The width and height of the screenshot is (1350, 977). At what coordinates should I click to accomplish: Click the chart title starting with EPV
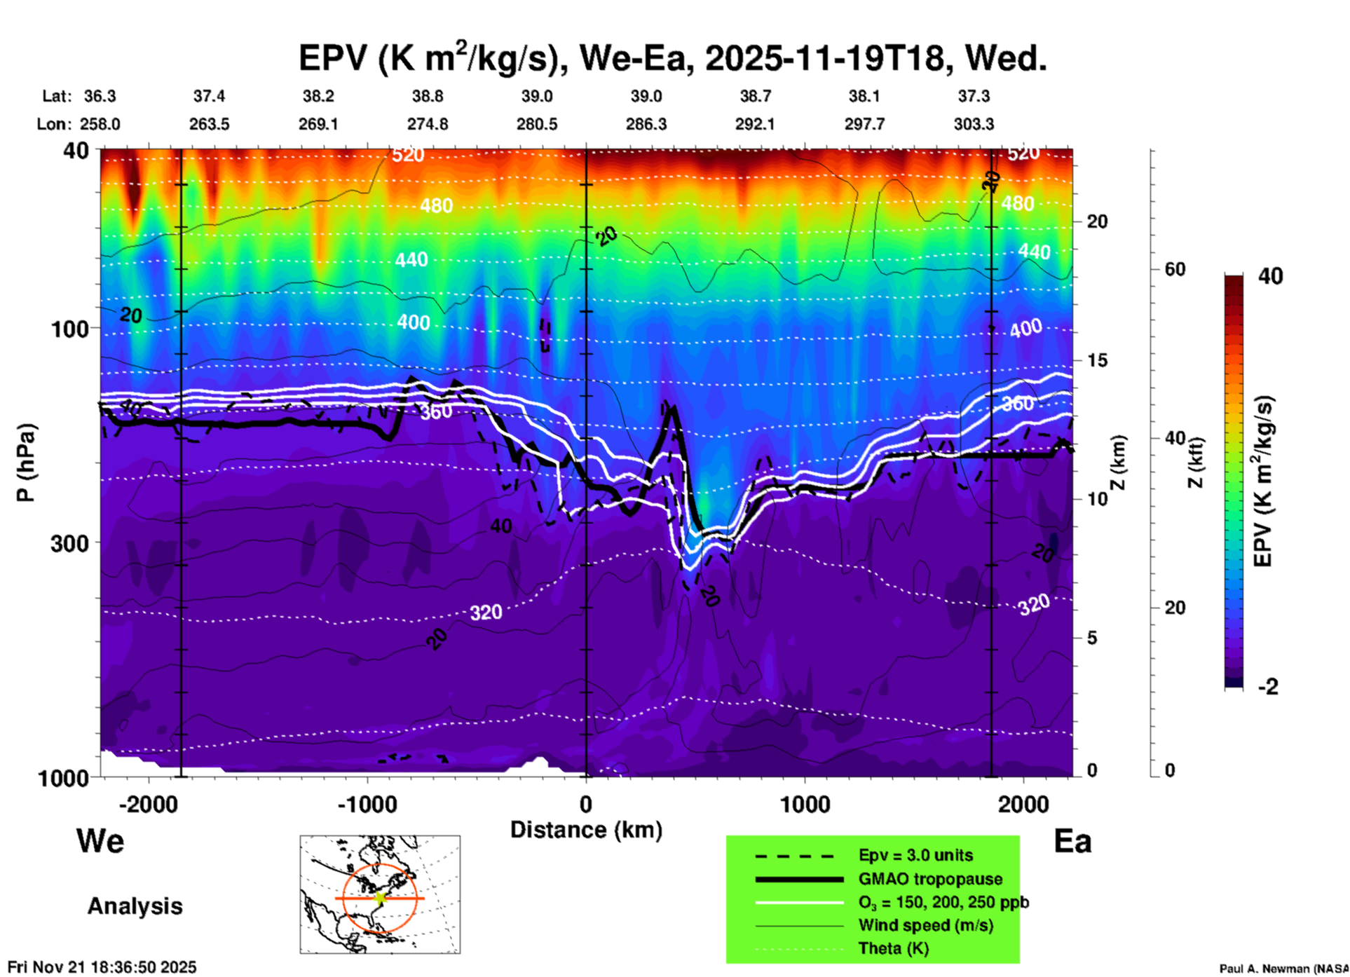pyautogui.click(x=673, y=57)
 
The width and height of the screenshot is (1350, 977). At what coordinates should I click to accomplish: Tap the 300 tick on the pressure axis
pyautogui.click(x=70, y=543)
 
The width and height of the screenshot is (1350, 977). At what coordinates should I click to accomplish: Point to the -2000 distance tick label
pyautogui.click(x=149, y=804)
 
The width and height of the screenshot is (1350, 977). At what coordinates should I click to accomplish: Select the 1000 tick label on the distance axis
pyautogui.click(x=805, y=804)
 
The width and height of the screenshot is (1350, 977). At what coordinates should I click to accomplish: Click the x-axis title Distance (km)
pyautogui.click(x=586, y=830)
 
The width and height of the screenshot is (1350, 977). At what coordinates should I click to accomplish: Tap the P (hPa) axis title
pyautogui.click(x=26, y=463)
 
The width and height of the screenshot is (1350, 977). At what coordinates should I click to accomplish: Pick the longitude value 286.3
pyautogui.click(x=646, y=124)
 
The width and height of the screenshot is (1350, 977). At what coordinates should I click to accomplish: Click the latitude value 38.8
pyautogui.click(x=428, y=96)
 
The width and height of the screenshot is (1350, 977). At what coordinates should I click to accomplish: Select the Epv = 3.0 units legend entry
pyautogui.click(x=915, y=855)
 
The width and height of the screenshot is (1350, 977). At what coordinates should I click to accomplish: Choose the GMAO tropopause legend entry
pyautogui.click(x=930, y=879)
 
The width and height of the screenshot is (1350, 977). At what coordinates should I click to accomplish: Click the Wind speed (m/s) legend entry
pyautogui.click(x=925, y=925)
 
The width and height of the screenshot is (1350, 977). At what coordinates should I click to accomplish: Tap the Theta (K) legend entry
pyautogui.click(x=893, y=948)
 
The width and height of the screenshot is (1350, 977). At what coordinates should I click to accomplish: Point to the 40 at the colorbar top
pyautogui.click(x=1270, y=276)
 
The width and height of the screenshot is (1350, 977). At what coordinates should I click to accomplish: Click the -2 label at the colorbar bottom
pyautogui.click(x=1268, y=687)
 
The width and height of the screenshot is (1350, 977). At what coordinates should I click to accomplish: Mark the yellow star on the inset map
pyautogui.click(x=380, y=898)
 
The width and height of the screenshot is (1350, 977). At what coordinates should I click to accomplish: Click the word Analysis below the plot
pyautogui.click(x=135, y=906)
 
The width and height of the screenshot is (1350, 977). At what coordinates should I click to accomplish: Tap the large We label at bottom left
pyautogui.click(x=100, y=840)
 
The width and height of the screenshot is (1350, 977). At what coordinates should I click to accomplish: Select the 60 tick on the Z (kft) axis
pyautogui.click(x=1175, y=269)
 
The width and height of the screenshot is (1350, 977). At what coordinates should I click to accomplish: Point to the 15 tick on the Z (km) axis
pyautogui.click(x=1097, y=360)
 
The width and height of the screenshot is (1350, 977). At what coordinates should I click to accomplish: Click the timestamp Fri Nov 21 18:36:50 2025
pyautogui.click(x=102, y=967)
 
